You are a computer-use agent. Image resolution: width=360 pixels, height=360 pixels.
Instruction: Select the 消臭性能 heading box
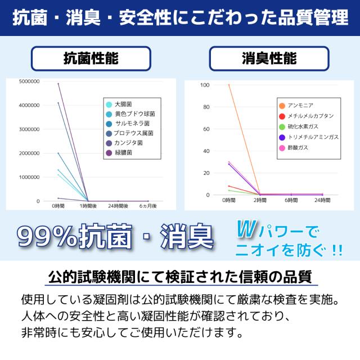point(269,58)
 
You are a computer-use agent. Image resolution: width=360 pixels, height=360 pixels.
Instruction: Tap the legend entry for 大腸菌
point(123,104)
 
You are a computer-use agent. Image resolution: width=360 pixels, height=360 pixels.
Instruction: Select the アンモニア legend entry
point(300,105)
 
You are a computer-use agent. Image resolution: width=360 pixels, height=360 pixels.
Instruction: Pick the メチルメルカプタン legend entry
point(310,116)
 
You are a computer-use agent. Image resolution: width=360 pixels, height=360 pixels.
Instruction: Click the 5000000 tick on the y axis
point(29,82)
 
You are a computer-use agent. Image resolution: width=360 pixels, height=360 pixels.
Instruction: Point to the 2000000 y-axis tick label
point(29,153)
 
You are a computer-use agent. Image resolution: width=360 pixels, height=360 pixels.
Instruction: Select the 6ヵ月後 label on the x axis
point(147,206)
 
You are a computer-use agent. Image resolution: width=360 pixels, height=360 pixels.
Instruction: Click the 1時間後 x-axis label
point(88,206)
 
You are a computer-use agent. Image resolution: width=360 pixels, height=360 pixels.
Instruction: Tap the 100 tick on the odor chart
point(205,85)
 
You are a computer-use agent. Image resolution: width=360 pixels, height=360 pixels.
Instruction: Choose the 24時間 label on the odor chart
point(322,200)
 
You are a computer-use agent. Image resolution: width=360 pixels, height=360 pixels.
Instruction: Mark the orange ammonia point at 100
point(229,85)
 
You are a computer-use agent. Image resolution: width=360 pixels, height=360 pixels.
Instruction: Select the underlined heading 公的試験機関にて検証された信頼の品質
point(180,277)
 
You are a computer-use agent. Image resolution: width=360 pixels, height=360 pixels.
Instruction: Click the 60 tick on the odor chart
point(206,129)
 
